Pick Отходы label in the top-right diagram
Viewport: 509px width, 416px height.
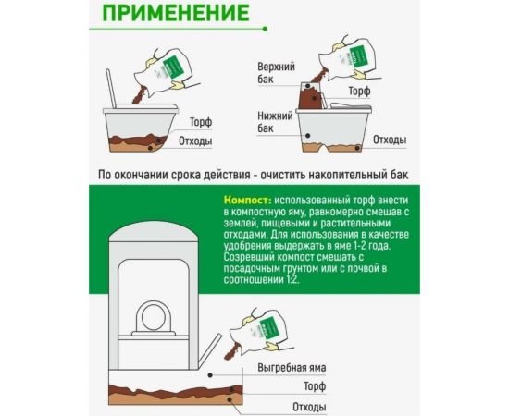[x=390, y=140]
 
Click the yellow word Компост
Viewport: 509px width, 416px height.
[x=246, y=200]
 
